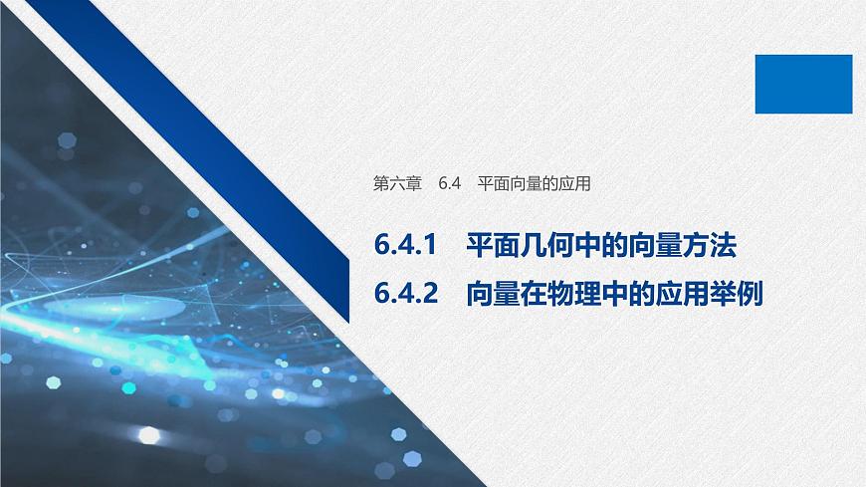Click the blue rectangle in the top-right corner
(803, 84)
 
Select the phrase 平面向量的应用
(535, 184)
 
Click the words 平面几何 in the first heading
(523, 246)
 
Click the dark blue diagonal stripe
(219, 149)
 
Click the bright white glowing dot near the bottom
(149, 435)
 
